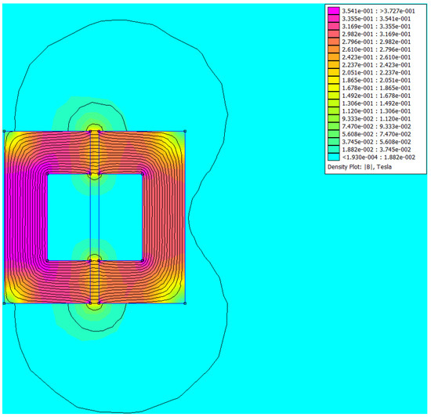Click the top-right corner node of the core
coord(184,131)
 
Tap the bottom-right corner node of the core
coord(184,303)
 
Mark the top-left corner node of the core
coord(5,131)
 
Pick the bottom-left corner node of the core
coord(5,303)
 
